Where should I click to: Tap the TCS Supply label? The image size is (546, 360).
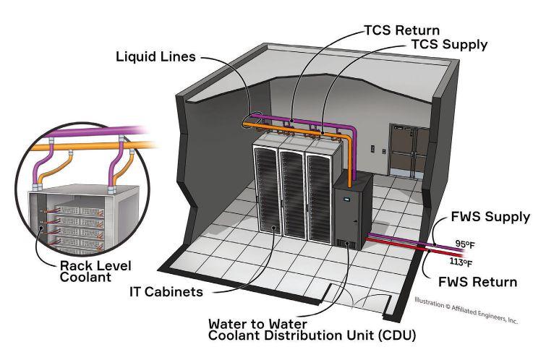pyautogui.click(x=449, y=45)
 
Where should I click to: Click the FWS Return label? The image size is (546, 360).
pyautogui.click(x=478, y=281)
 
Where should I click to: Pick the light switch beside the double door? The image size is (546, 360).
pyautogui.click(x=373, y=150)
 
